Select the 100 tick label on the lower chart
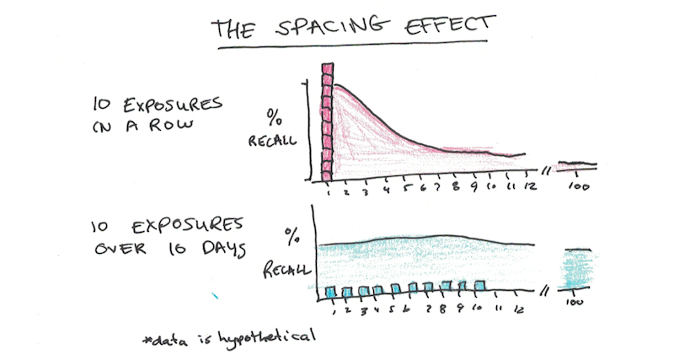(x=576, y=303)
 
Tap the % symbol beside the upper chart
(x=273, y=115)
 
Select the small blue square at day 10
(x=481, y=286)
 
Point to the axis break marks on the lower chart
(x=547, y=288)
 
